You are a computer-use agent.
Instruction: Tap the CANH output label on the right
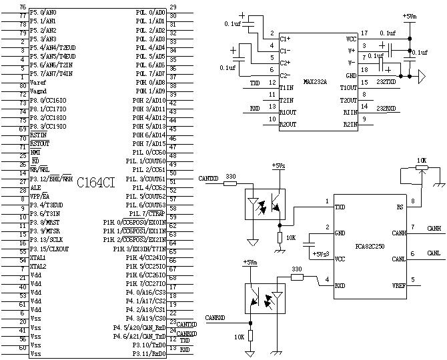(434, 228)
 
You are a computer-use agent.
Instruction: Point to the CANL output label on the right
(434, 253)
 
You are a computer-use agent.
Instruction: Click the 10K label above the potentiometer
(420, 161)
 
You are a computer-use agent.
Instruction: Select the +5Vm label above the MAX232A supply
(409, 16)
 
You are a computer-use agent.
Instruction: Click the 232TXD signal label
(386, 83)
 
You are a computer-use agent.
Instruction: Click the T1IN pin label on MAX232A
(288, 87)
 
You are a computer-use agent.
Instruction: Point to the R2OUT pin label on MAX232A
(289, 124)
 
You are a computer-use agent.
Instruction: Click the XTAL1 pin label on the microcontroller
(37, 257)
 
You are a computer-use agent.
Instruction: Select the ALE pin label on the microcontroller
(35, 188)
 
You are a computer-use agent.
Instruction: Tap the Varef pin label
(38, 83)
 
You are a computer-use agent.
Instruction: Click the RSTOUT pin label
(39, 143)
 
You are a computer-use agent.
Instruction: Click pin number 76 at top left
(23, 7)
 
